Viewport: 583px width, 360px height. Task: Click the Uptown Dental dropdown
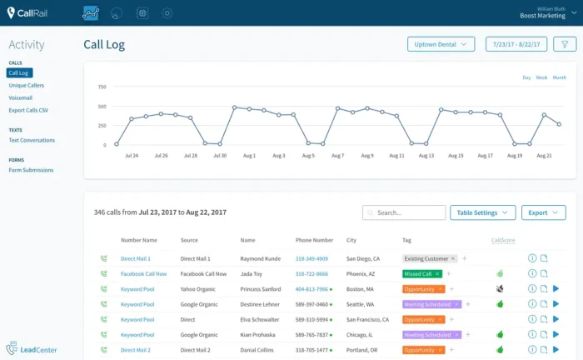click(441, 44)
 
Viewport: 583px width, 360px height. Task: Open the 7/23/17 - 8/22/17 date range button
click(516, 44)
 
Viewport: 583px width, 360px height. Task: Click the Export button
click(543, 212)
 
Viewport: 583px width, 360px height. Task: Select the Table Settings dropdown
click(482, 212)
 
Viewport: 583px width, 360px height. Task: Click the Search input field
click(404, 212)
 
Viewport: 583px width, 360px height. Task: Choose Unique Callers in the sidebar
click(27, 86)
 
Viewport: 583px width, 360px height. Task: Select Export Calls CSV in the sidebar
click(29, 110)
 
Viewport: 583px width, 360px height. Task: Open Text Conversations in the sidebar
click(32, 140)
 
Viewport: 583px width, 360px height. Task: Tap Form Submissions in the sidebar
click(31, 170)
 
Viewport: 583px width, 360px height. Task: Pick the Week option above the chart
click(541, 77)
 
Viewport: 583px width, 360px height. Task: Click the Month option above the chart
click(559, 77)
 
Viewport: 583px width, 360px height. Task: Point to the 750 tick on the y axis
click(102, 87)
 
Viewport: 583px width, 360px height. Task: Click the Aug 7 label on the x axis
click(337, 156)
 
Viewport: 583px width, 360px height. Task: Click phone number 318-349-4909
click(311, 259)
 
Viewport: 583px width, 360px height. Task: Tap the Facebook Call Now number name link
click(143, 273)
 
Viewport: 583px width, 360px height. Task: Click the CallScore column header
click(503, 240)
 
